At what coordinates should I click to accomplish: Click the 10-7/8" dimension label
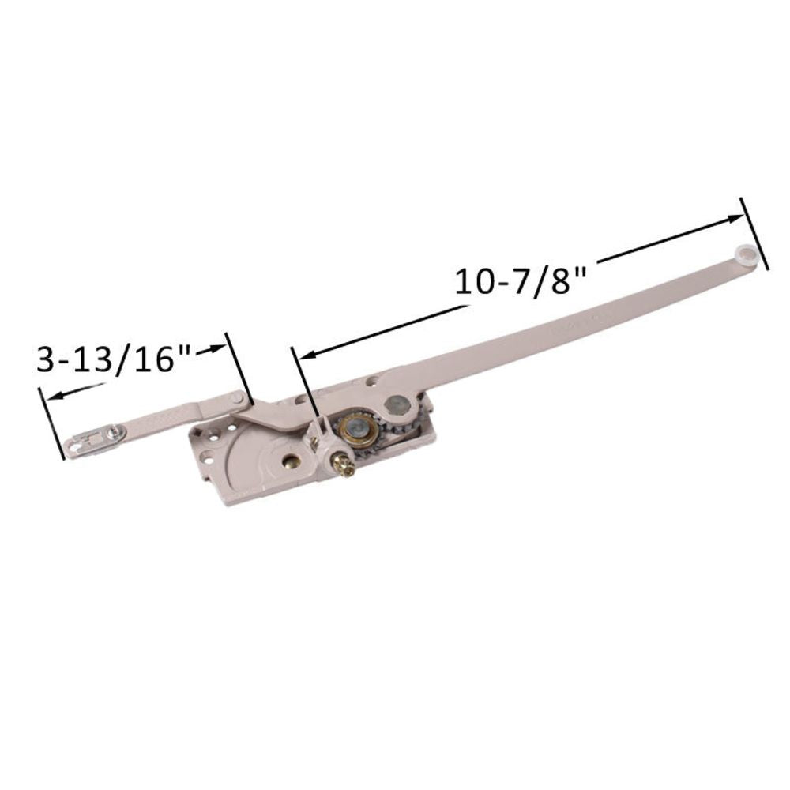click(522, 280)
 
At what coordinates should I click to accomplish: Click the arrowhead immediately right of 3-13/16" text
click(216, 348)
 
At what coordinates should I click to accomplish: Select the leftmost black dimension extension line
click(51, 423)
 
